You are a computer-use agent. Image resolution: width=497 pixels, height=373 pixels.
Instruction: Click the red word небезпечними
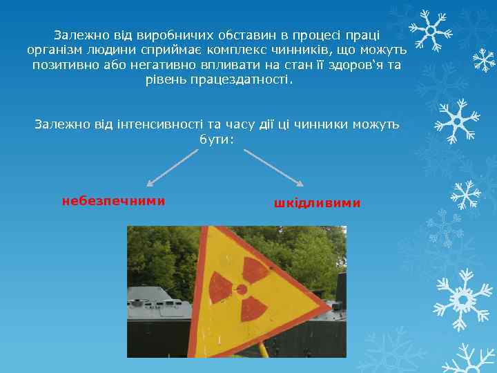pyautogui.click(x=113, y=201)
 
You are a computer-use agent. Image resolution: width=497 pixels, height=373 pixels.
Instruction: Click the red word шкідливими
pyautogui.click(x=317, y=203)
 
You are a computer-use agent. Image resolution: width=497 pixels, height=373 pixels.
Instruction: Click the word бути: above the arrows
pyautogui.click(x=217, y=139)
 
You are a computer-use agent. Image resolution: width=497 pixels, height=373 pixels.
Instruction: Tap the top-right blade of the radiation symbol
pyautogui.click(x=255, y=270)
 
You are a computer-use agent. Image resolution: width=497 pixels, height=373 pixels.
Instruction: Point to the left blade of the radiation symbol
pyautogui.click(x=220, y=286)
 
